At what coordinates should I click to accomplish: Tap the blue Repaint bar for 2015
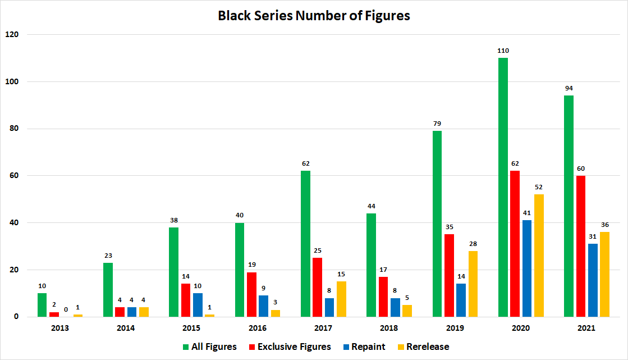198,305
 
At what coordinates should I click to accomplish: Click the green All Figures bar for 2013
42,305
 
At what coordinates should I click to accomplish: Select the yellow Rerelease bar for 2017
342,299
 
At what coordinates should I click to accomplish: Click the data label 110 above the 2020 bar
503,51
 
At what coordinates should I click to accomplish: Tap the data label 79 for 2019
437,124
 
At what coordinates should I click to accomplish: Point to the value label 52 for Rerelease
539,187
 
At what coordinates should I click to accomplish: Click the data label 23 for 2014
108,256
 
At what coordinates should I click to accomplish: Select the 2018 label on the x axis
388,328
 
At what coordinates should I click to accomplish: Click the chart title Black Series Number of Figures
314,16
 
